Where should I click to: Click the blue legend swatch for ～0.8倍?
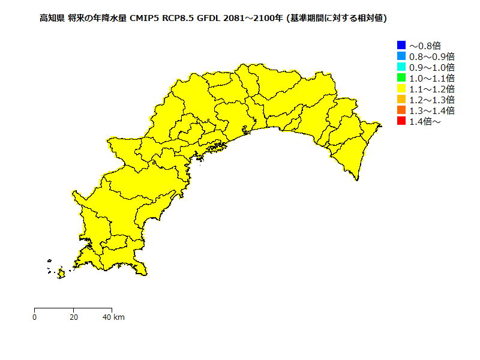[x=401, y=45]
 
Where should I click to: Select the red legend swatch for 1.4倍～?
[x=401, y=121]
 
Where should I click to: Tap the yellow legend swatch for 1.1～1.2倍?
[x=401, y=89]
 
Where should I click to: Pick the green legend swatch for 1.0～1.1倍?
[x=401, y=78]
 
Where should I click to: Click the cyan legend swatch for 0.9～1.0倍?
[x=401, y=67]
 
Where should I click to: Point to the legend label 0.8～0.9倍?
[x=431, y=56]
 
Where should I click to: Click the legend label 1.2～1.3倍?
[x=431, y=100]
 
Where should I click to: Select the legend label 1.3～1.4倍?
[x=431, y=110]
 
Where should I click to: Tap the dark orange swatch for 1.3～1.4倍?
[x=401, y=110]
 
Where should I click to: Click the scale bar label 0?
[x=35, y=317]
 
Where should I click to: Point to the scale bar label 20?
[x=73, y=317]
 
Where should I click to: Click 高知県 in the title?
[x=52, y=19]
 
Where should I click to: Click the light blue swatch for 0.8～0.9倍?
[x=401, y=56]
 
